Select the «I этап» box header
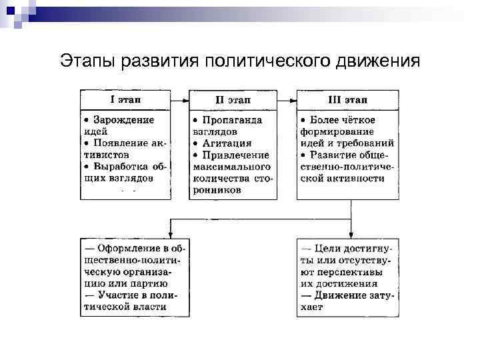click(125, 100)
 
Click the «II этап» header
click(233, 100)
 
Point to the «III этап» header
click(348, 100)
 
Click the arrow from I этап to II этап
click(180, 100)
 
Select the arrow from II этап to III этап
click(287, 100)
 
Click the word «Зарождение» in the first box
click(123, 120)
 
